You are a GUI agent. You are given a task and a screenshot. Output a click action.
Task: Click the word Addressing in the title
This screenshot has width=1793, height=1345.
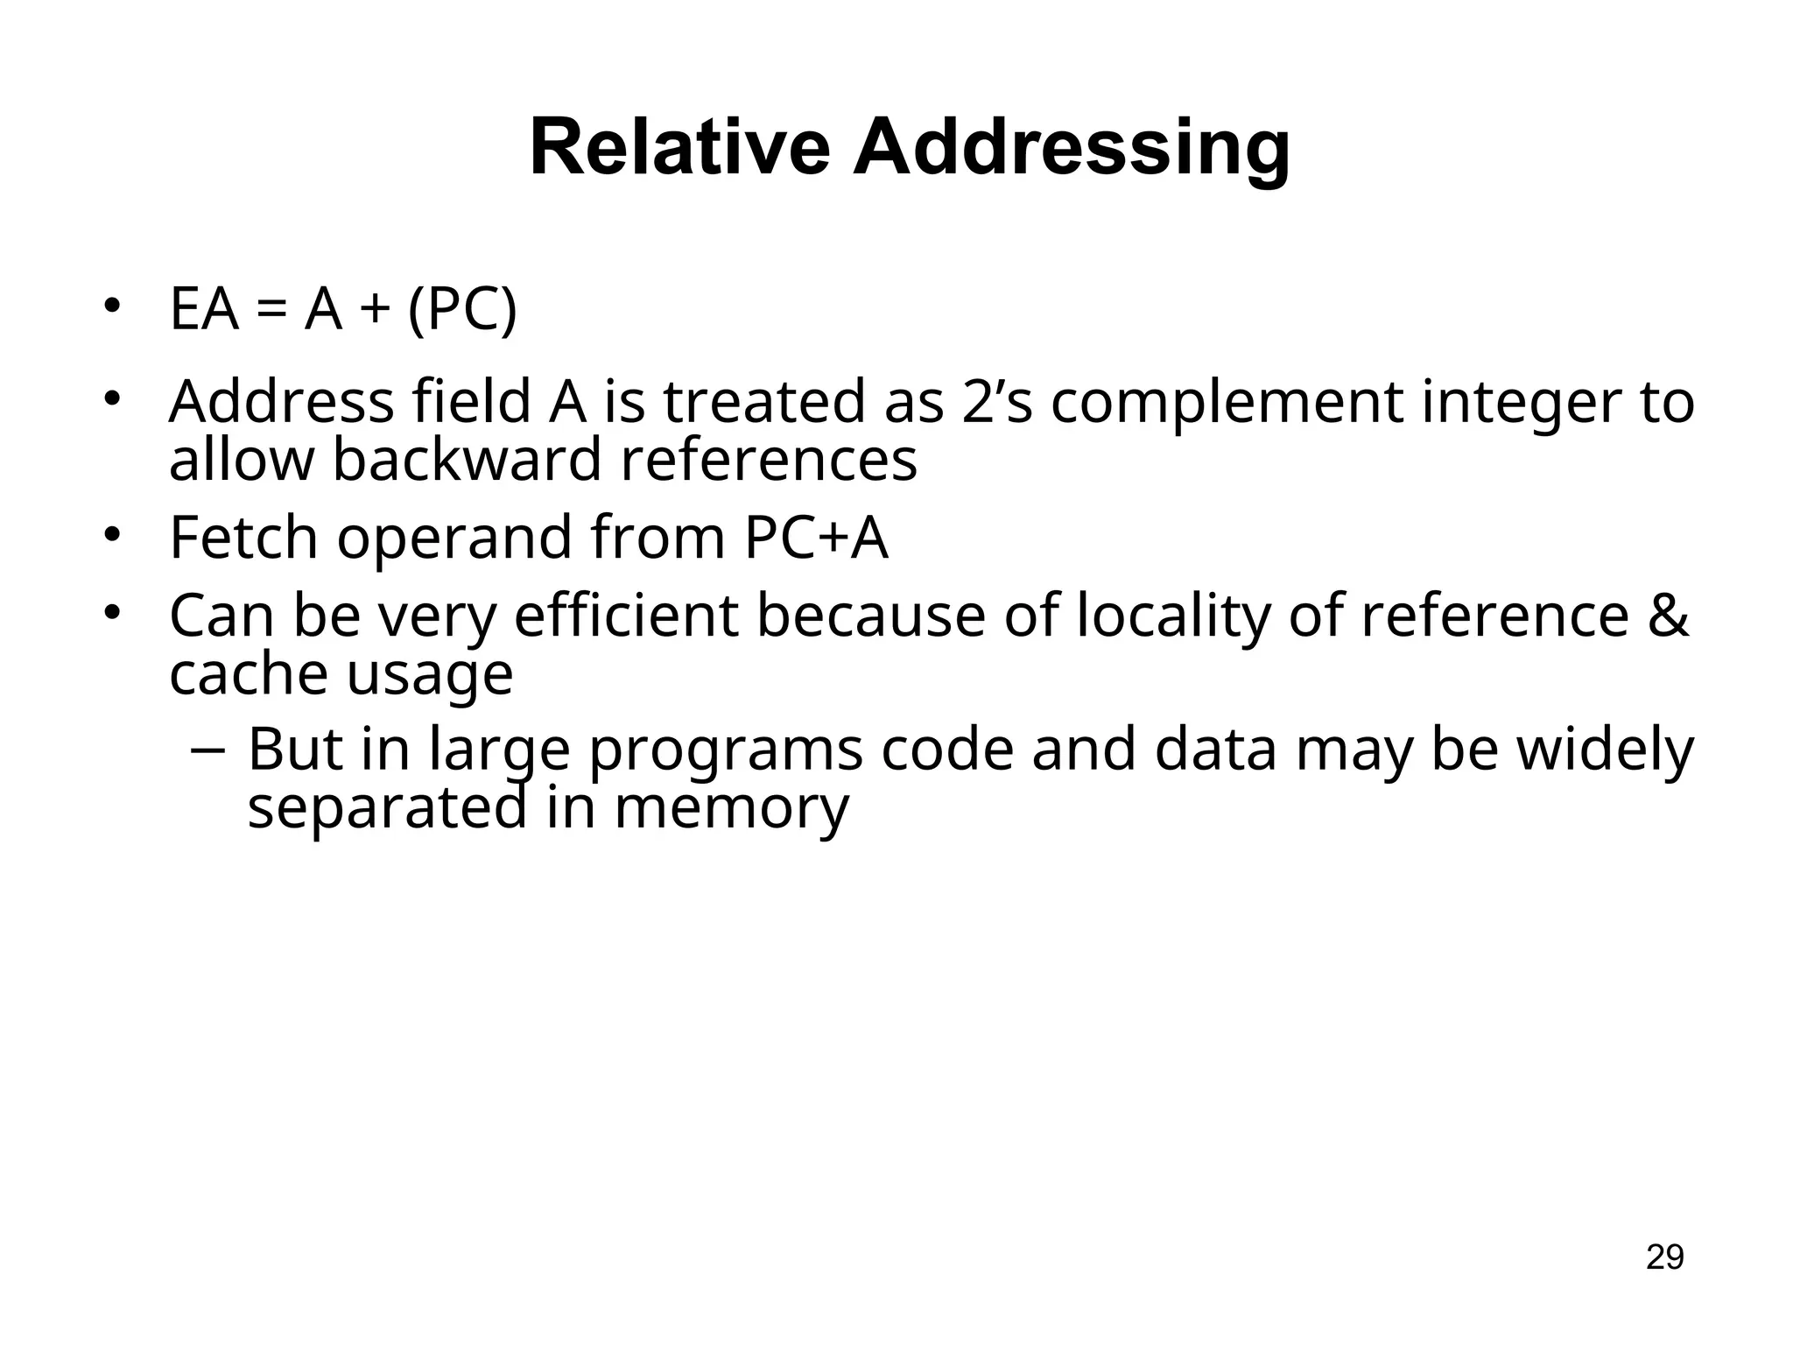click(x=1072, y=149)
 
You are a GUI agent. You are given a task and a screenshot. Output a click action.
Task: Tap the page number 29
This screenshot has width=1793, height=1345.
click(x=1664, y=1257)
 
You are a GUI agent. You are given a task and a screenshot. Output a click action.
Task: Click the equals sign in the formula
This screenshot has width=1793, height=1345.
click(x=271, y=311)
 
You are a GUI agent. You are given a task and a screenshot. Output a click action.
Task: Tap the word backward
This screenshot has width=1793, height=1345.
click(x=468, y=460)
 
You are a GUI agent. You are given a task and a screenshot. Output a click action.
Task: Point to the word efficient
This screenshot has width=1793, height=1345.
click(x=626, y=616)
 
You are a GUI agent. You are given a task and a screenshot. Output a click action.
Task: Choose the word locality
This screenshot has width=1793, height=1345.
click(x=1172, y=616)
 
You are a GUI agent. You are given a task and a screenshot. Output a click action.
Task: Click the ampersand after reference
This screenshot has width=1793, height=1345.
click(x=1667, y=616)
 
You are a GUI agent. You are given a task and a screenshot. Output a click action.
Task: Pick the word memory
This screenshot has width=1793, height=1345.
click(x=731, y=808)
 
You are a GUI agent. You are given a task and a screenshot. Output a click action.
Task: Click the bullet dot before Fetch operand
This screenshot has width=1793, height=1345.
click(x=111, y=535)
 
